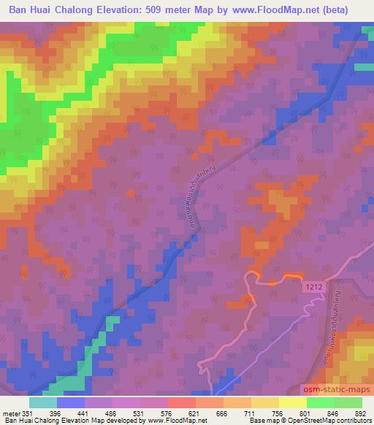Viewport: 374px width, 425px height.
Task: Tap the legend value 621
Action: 195,413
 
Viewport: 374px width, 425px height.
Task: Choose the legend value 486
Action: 112,413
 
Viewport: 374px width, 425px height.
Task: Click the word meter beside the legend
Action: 10,413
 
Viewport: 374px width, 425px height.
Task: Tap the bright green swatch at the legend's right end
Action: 348,402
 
